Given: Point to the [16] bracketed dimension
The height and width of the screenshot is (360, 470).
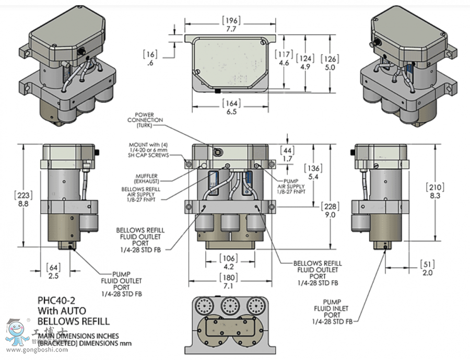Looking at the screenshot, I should tap(150, 54).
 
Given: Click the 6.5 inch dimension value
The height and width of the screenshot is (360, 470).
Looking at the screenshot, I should tap(231, 111).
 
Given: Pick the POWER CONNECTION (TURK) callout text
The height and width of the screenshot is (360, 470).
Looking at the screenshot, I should tap(149, 120).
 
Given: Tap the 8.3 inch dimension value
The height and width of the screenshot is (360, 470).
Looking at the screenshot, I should tap(434, 195).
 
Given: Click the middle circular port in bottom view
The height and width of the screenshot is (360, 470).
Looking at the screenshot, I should tap(230, 305).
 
